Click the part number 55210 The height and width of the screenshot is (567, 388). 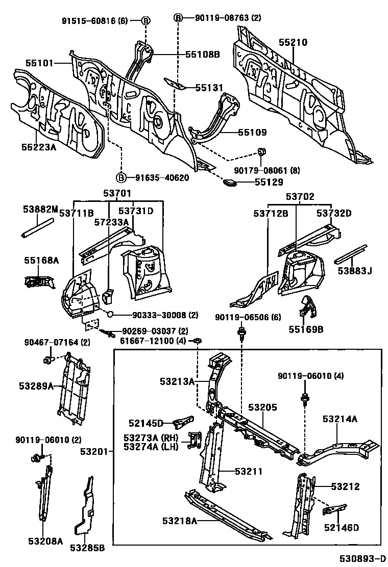coord(293,42)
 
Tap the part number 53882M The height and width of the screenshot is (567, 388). coord(40,209)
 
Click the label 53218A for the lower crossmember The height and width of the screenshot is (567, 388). coord(180,521)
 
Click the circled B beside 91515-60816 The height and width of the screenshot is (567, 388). coord(145,20)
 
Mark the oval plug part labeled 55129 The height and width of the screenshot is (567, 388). coord(230,183)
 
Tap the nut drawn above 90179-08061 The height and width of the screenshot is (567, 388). coord(262,150)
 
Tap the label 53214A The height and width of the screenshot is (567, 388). coord(339,419)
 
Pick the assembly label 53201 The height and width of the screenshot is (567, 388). coord(94,452)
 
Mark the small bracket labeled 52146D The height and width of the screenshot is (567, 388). coord(335,509)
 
